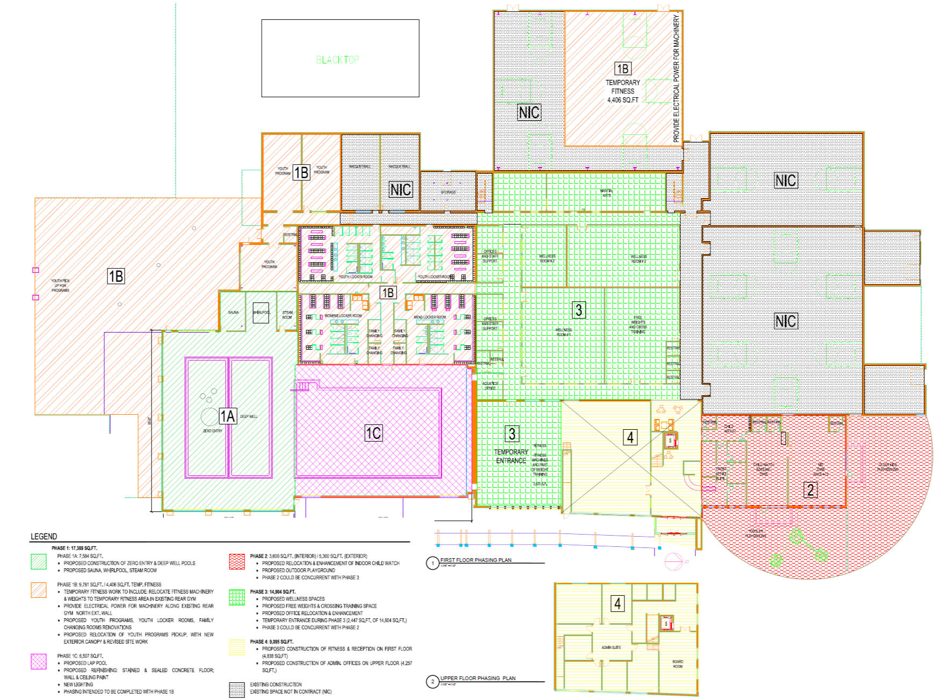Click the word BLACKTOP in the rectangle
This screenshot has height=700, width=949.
[x=337, y=60]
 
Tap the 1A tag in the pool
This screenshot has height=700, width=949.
[x=228, y=416]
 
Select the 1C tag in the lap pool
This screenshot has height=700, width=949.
[x=373, y=434]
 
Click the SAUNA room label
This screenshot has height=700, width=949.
[x=233, y=312]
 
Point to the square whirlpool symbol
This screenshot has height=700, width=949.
[x=261, y=313]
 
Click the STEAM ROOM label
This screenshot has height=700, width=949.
[x=287, y=315]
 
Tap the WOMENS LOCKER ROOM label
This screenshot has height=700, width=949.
[x=343, y=316]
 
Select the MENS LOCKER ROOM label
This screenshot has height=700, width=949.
[x=429, y=317]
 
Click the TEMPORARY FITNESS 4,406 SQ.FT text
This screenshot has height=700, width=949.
[x=623, y=91]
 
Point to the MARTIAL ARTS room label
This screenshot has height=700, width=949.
[x=606, y=193]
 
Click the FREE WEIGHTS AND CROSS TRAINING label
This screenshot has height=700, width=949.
[x=638, y=325]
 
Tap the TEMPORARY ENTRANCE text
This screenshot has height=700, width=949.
[x=511, y=456]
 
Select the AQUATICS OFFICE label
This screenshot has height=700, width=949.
[x=490, y=386]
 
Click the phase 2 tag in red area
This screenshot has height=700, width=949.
[x=810, y=489]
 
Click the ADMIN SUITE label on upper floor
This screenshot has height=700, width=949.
[x=611, y=647]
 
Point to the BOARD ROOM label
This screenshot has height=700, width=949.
[x=678, y=664]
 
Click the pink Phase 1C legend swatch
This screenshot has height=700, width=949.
[x=39, y=662]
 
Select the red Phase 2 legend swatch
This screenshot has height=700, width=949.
[x=236, y=562]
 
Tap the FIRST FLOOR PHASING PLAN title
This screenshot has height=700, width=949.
[x=476, y=560]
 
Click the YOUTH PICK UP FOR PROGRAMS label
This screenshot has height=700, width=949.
[x=60, y=285]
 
